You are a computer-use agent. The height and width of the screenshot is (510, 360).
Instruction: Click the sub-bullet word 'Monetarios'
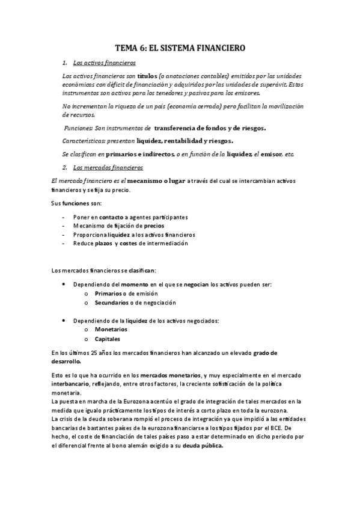[111, 330]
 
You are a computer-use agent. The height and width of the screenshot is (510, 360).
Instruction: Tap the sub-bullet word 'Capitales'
[107, 339]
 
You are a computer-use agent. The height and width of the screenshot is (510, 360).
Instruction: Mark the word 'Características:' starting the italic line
[84, 141]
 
